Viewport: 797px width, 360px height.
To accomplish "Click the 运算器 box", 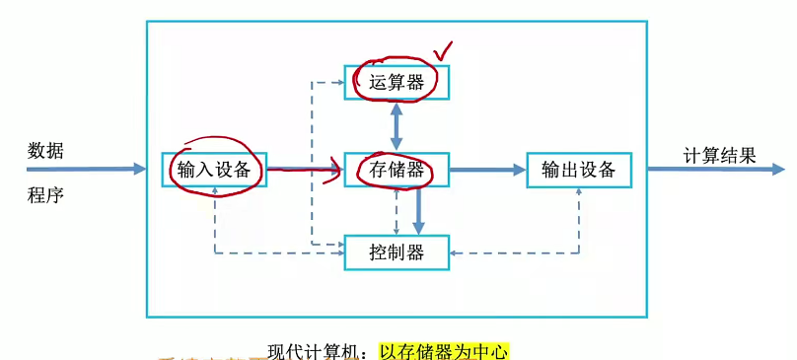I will [397, 83].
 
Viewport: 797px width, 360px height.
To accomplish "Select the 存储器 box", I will [397, 170].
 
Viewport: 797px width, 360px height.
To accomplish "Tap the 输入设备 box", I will [214, 170].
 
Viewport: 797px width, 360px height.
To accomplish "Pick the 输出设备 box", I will [578, 170].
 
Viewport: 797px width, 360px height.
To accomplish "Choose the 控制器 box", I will [397, 252].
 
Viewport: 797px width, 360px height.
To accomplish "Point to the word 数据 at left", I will [45, 151].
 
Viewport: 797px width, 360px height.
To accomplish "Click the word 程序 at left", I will [45, 194].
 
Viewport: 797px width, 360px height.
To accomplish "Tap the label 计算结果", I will [720, 155].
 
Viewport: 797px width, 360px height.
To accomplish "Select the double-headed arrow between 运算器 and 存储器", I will [397, 125].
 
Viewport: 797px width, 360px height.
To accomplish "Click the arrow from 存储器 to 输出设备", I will [487, 170].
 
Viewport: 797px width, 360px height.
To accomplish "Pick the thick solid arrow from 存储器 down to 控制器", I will [419, 210].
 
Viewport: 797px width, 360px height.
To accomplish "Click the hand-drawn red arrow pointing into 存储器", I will [306, 172].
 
